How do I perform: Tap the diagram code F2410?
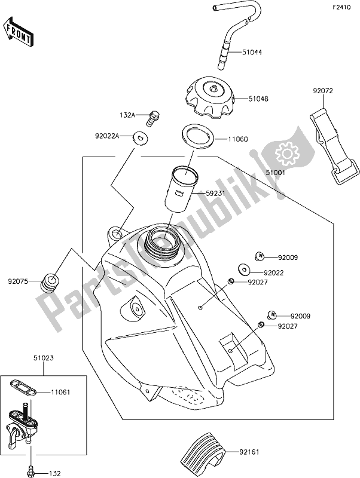(x=341, y=9)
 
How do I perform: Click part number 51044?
(x=252, y=53)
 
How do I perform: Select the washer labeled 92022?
(x=245, y=270)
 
